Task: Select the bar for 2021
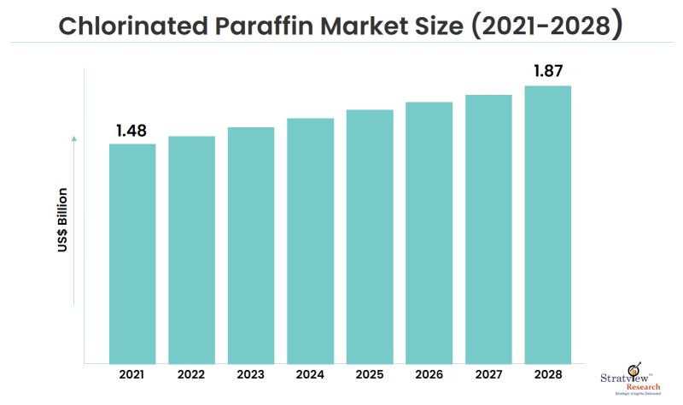coord(132,253)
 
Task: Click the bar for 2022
coord(191,249)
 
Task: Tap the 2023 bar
coord(251,245)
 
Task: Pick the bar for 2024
coord(310,240)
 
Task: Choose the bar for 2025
coord(370,236)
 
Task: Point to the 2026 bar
coord(429,232)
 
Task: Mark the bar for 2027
coord(488,228)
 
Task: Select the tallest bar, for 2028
coord(547,224)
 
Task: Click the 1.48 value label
coord(132,131)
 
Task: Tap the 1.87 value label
coord(548,72)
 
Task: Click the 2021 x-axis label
coord(132,376)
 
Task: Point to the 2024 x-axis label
coord(310,376)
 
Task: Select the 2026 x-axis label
coord(429,376)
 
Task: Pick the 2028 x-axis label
coord(547,376)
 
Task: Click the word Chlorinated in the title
coord(129,26)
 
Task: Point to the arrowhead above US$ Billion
coord(74,137)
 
